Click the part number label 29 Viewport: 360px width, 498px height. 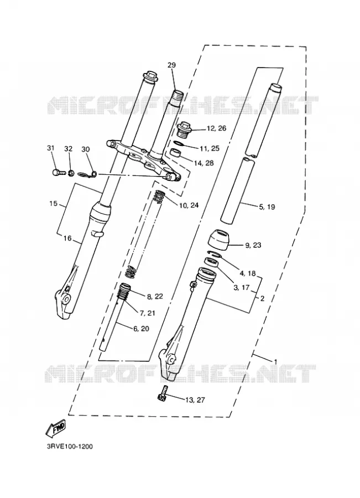(171, 65)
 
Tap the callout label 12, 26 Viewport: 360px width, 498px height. (217, 128)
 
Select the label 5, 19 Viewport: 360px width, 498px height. (267, 207)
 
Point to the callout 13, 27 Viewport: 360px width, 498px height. (195, 400)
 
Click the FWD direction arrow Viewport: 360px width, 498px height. (56, 427)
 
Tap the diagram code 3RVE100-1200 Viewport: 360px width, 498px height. (70, 447)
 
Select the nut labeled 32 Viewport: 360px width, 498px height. (71, 173)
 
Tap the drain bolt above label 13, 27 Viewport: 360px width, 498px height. (162, 393)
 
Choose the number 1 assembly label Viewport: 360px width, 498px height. (275, 361)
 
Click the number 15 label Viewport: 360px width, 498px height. (53, 203)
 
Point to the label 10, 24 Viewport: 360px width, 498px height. (189, 205)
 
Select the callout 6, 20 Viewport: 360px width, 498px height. (141, 329)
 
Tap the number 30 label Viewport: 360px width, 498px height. (86, 149)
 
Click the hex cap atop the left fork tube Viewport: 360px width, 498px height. (150, 76)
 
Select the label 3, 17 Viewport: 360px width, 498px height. (242, 287)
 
